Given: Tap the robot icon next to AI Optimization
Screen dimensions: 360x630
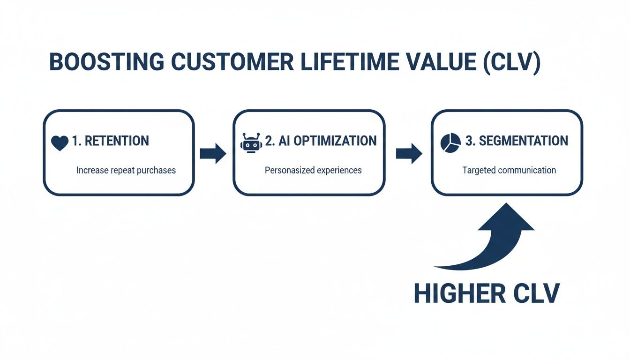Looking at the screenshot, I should pos(251,142).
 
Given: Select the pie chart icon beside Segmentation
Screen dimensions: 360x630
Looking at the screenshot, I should pos(450,142).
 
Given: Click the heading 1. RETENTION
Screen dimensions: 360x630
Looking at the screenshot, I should pos(110,141).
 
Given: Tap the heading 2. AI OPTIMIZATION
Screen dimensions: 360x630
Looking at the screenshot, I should pos(321,141).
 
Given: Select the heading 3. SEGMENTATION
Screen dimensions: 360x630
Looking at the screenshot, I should pos(517,141).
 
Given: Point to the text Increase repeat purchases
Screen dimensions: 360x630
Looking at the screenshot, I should pos(126,170).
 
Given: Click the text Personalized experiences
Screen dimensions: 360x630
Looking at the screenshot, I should pos(313,170).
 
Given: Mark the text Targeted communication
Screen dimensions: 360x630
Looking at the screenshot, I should pos(509,170).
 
